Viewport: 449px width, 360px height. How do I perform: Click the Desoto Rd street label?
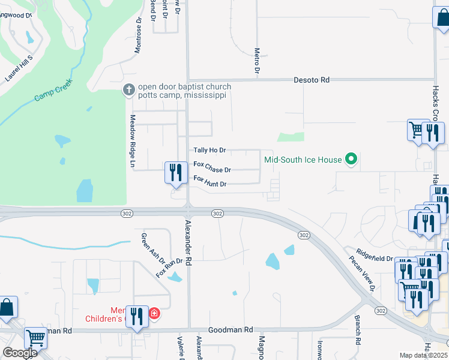pos(312,79)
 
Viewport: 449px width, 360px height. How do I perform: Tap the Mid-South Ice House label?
pos(303,160)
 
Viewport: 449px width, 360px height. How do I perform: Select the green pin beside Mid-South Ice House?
pos(352,160)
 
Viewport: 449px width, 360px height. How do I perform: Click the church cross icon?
pos(128,90)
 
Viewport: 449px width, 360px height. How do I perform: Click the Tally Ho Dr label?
pos(209,150)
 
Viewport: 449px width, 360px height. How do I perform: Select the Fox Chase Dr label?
pos(212,170)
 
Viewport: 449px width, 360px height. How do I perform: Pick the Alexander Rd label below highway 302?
pos(188,242)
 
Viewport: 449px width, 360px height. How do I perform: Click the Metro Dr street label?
pos(256,62)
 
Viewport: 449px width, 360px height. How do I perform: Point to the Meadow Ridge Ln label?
pos(133,140)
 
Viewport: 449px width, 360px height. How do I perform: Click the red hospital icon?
pos(154,313)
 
